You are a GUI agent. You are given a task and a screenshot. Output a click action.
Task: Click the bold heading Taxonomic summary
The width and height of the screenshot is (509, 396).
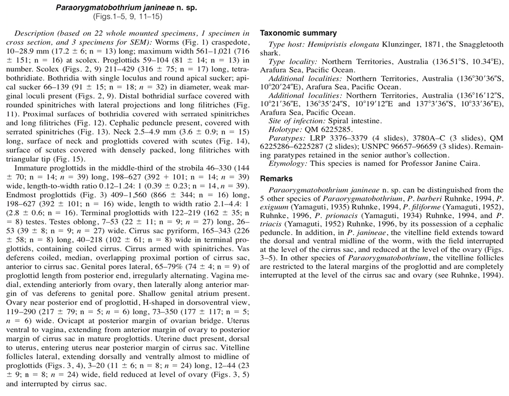[298, 34]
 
